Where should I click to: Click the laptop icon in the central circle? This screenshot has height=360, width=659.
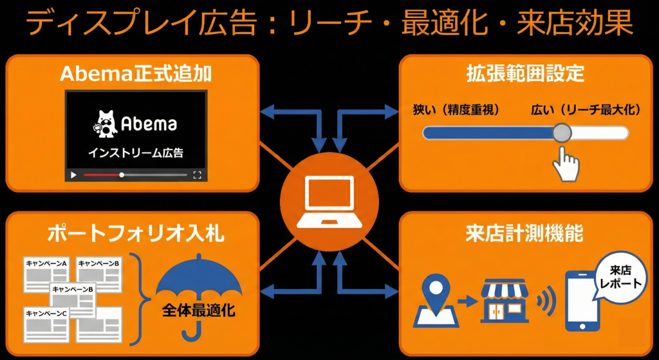point(329,202)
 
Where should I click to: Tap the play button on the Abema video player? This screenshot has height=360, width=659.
point(74,175)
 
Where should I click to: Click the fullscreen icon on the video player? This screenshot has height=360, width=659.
point(198,175)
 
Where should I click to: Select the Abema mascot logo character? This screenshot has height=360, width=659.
point(106,123)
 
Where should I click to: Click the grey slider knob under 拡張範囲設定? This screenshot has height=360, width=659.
point(562,133)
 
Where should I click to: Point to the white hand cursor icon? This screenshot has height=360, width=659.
point(566,164)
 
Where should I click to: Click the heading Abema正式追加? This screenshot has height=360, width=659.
point(136,73)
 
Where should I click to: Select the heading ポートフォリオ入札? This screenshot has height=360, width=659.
point(136,232)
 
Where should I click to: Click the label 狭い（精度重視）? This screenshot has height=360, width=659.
point(457,110)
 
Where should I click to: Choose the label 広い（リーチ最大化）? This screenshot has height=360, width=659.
point(586,110)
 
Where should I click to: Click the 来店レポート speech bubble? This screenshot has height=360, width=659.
point(619,278)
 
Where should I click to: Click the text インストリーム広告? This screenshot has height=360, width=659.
point(135,153)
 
